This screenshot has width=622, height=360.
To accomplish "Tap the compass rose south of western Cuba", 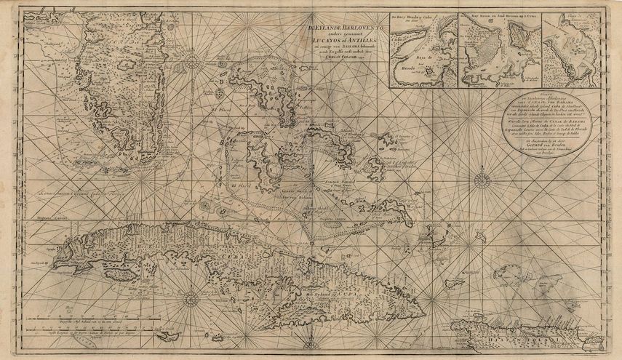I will (x=191, y=299).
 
